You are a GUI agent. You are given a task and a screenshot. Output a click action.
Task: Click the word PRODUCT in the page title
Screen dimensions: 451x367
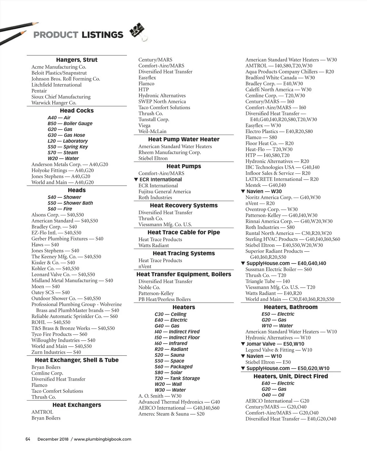click(55, 35)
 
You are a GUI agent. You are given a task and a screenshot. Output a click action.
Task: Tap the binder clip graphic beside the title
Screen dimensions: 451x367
click(138, 32)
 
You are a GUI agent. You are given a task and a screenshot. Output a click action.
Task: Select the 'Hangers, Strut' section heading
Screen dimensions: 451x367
click(77, 60)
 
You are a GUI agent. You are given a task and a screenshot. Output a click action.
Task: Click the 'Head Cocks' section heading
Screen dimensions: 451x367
click(77, 111)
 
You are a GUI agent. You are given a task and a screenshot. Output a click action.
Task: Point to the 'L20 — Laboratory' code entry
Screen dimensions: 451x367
click(68, 141)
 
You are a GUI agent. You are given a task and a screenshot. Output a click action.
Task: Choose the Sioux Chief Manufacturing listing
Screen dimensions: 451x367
click(61, 97)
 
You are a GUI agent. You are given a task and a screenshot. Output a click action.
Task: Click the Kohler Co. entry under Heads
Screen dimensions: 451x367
click(55, 269)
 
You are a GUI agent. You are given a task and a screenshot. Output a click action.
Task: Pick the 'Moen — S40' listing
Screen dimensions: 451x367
click(46, 287)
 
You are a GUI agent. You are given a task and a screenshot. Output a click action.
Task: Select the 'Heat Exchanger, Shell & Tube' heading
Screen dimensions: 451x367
click(77, 360)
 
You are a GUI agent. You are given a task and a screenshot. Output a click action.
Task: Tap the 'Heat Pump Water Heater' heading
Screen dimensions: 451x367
click(184, 140)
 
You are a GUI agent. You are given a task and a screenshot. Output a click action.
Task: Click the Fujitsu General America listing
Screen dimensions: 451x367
click(165, 192)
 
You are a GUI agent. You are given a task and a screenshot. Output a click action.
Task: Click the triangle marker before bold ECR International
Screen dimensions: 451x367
click(136, 180)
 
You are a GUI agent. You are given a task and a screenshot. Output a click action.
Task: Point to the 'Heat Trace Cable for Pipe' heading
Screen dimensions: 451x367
click(184, 233)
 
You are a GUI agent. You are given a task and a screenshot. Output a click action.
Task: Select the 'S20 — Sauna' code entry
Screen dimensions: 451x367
click(169, 355)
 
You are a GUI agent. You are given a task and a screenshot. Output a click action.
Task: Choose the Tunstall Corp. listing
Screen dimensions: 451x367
click(154, 120)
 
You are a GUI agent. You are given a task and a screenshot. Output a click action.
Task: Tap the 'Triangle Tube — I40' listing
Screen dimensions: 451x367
click(268, 281)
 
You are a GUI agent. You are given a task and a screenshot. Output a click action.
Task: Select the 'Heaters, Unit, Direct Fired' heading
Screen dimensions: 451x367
click(291, 376)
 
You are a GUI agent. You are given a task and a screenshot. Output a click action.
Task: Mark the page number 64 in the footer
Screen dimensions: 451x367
click(28, 439)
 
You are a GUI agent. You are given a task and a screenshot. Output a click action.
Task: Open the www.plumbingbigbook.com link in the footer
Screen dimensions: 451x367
click(102, 439)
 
